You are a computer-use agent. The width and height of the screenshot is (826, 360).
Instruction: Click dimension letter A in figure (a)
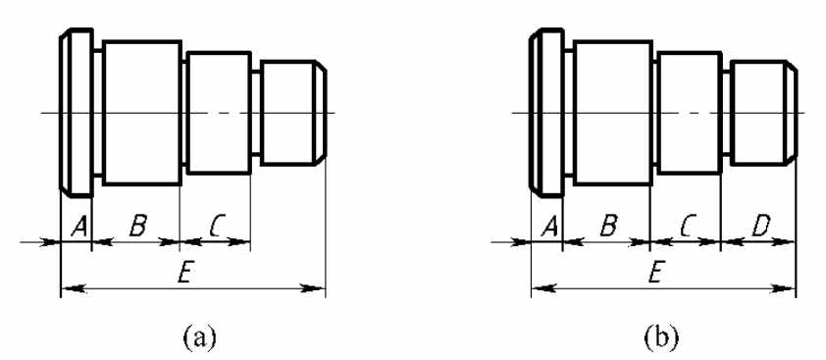click(x=79, y=227)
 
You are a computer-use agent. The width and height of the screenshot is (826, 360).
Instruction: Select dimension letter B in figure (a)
click(x=137, y=227)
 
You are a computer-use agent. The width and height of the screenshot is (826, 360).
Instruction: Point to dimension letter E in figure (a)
click(x=182, y=274)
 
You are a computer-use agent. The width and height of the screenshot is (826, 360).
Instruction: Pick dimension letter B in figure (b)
click(x=608, y=227)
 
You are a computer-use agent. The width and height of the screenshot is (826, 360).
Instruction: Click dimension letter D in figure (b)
click(x=760, y=227)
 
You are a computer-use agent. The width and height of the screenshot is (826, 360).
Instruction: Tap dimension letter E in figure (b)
click(x=653, y=274)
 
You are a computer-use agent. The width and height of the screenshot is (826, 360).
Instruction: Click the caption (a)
click(x=199, y=335)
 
